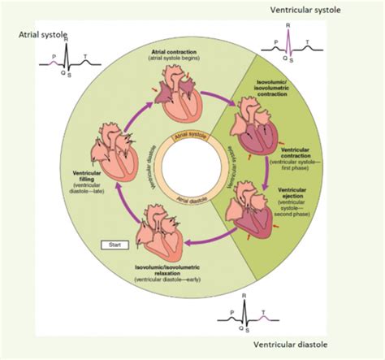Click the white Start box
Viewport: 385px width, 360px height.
pos(112,244)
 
